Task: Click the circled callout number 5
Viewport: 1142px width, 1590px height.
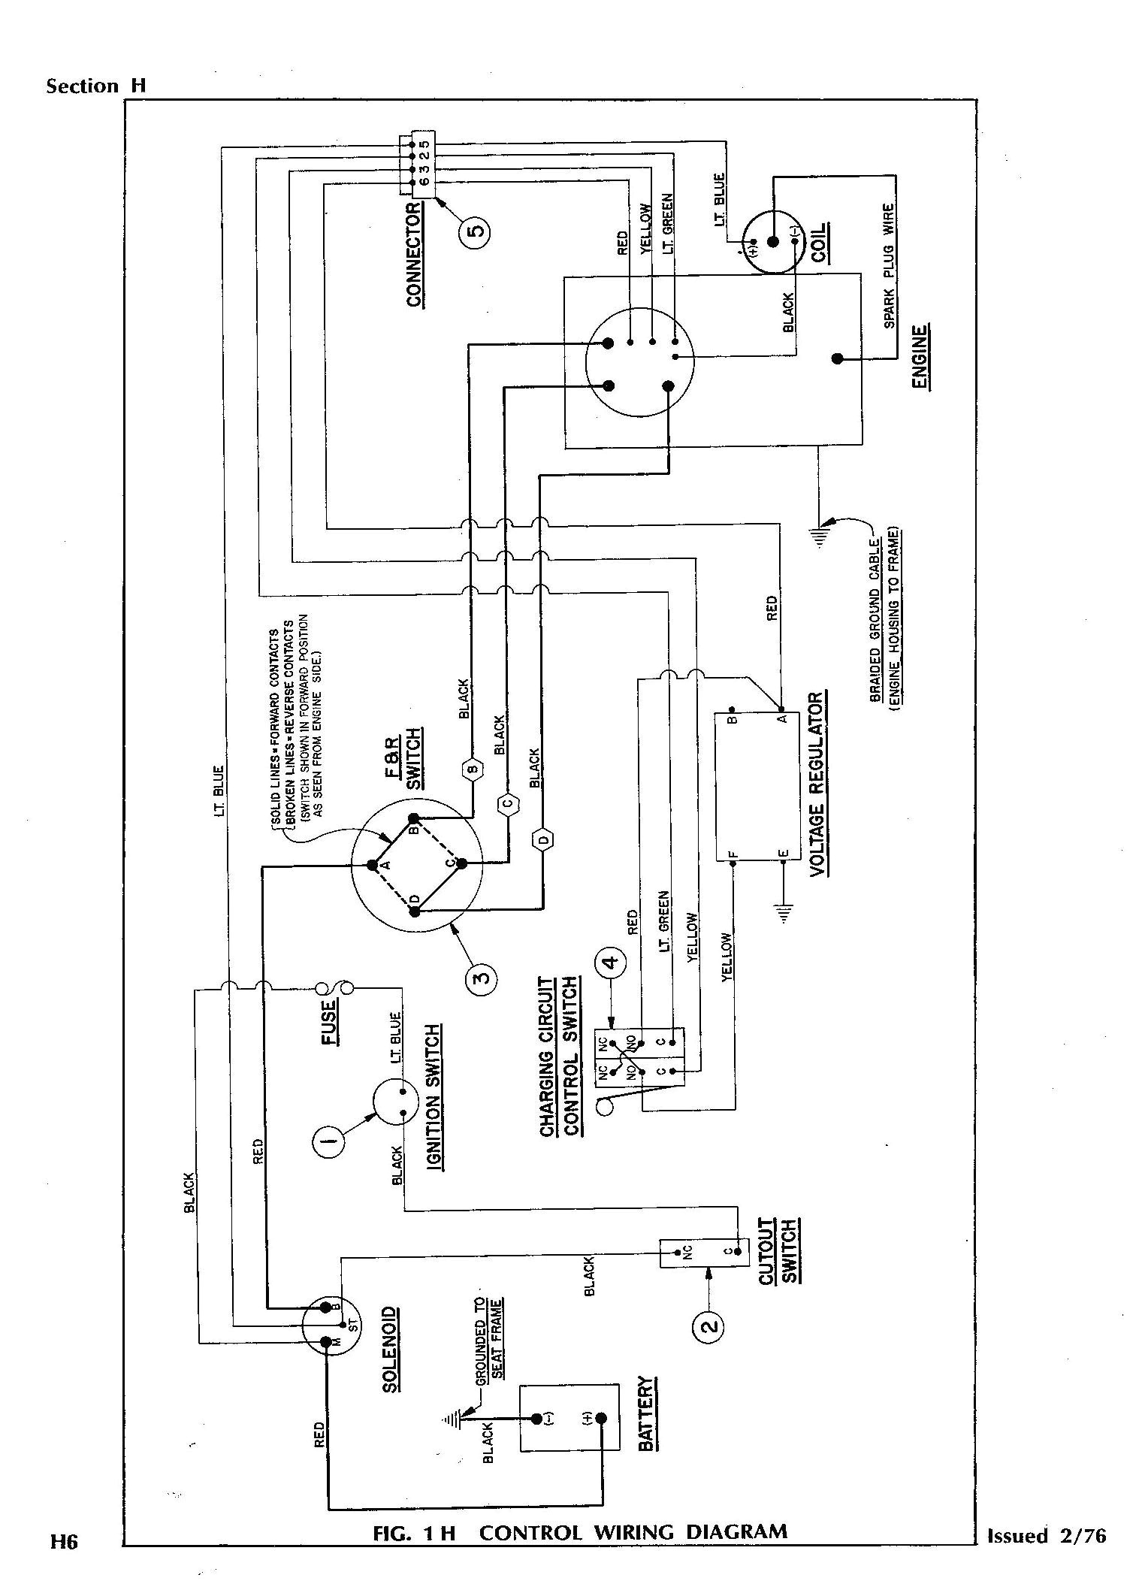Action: (x=475, y=231)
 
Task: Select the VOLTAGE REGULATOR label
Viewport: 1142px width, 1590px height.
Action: (x=817, y=785)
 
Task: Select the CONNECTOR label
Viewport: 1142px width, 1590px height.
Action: (x=415, y=255)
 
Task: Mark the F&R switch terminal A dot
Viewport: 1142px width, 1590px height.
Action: (x=372, y=865)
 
